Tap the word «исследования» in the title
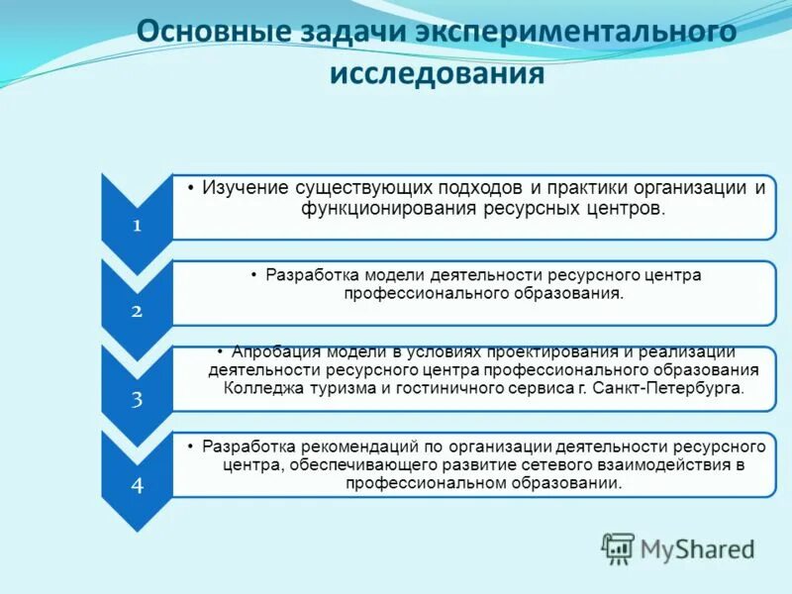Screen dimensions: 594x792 coord(437,73)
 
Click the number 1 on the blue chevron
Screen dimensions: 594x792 coord(137,225)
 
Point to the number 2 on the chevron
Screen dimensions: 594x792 coord(137,311)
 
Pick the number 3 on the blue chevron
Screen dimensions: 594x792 coord(137,399)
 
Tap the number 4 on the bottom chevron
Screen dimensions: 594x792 coord(137,485)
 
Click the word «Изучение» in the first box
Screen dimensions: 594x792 coord(245,188)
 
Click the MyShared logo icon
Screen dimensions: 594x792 coord(619,548)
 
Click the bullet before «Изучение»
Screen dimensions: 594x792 coord(192,188)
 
